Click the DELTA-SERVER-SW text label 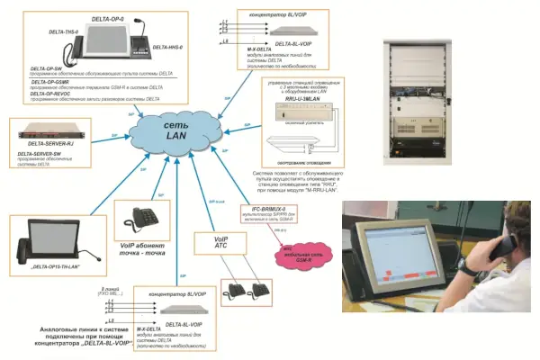tap(44, 154)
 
